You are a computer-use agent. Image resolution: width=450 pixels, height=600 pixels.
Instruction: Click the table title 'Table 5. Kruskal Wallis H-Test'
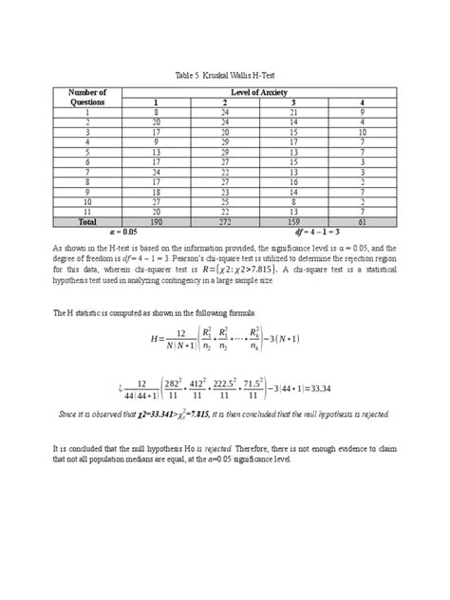pyautogui.click(x=224, y=73)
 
